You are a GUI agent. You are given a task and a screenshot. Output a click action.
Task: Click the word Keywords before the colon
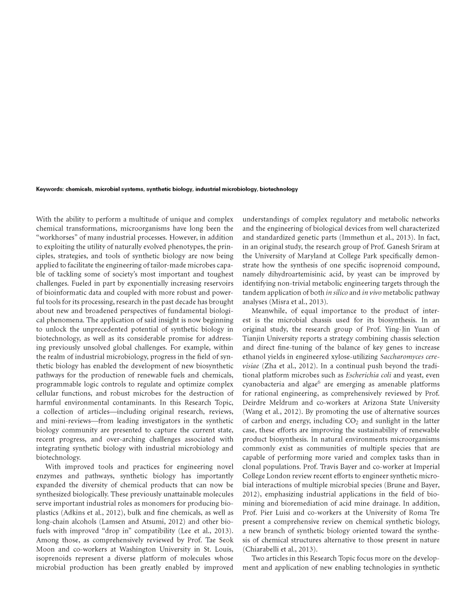click(49, 189)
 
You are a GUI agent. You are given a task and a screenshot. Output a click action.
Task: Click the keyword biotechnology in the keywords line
click(279, 189)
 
